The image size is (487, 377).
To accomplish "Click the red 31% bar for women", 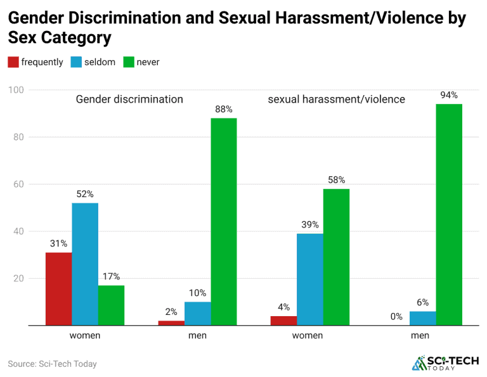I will pos(58,289).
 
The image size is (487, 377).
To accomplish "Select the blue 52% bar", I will pos(85,264).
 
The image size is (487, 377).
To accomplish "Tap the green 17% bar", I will pos(111,305).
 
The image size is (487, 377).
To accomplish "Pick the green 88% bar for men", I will pos(224,222).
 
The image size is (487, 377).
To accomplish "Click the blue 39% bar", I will pos(310,279).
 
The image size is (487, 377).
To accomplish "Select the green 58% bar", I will pos(336,257).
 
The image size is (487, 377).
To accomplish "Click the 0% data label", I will pos(396,316).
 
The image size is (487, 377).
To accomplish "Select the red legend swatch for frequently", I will pos(13,62).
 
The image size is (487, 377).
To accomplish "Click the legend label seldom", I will pos(100,62).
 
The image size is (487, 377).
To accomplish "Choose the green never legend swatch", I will pos(128,62).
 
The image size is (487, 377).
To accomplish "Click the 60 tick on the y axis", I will pos(18,184).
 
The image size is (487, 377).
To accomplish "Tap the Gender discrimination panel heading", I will pos(129,99).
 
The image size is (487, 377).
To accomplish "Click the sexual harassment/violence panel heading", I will pos(336,99).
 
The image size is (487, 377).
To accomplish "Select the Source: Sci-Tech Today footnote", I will pos(52,364).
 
